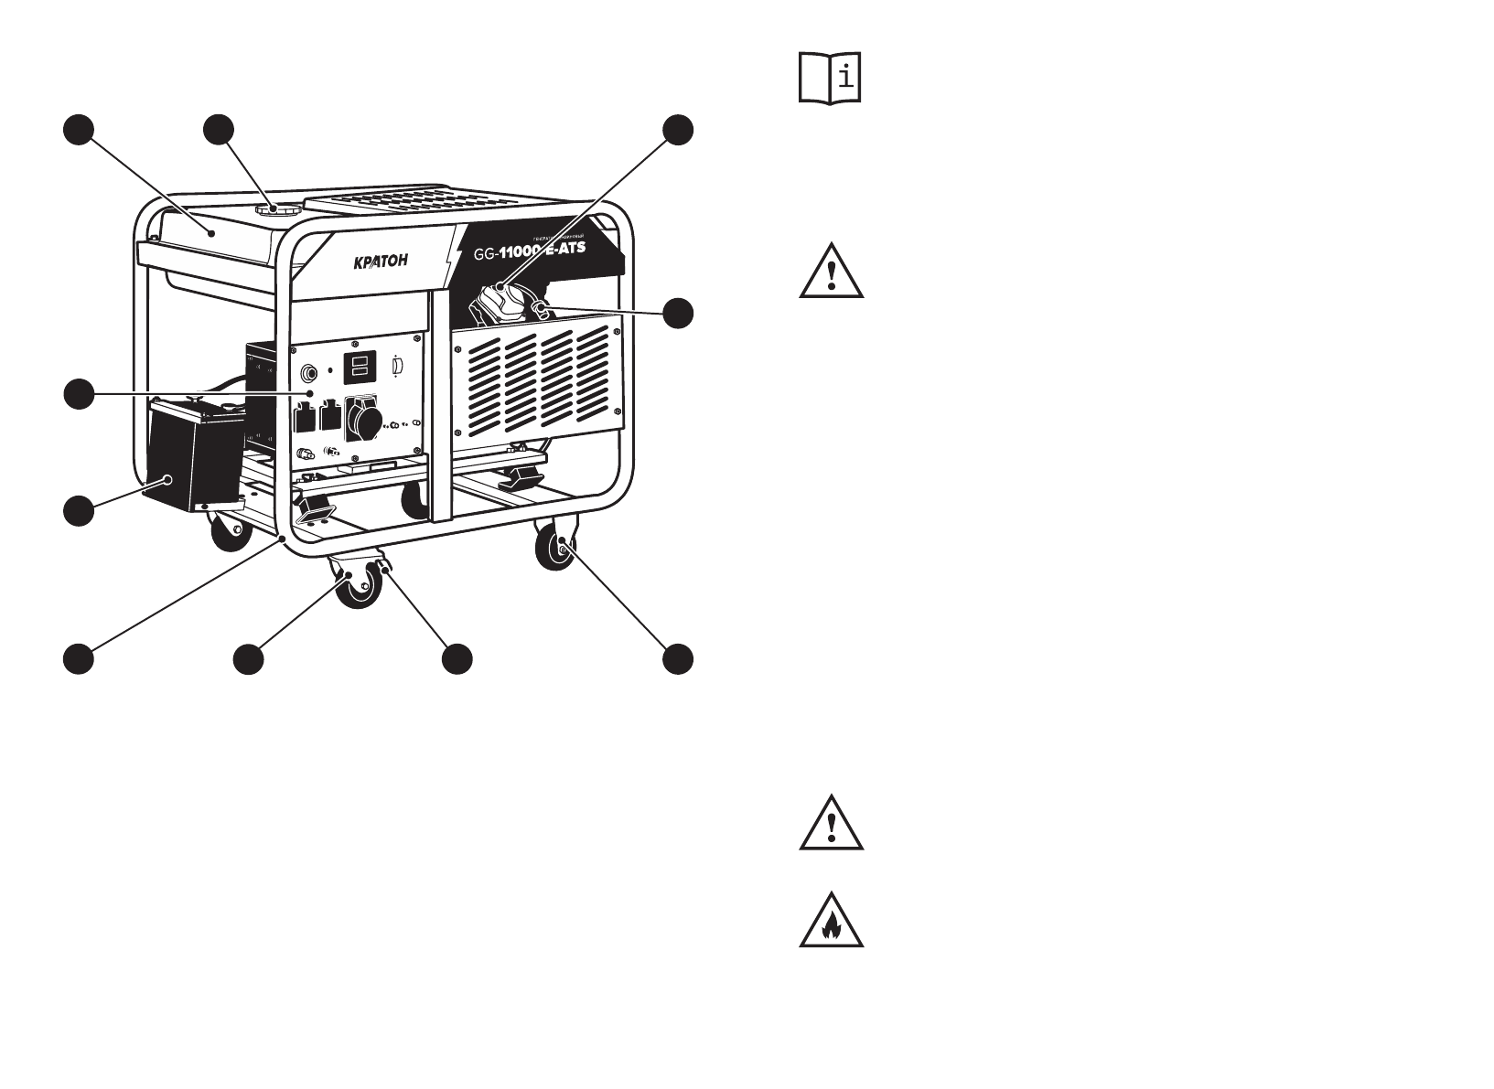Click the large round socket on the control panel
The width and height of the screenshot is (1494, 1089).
(x=363, y=425)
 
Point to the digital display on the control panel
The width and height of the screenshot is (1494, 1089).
(x=358, y=368)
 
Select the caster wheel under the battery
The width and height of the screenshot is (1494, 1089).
(x=230, y=530)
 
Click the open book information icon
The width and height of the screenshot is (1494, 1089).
(x=831, y=78)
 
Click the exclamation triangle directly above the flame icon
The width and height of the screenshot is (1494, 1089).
(x=831, y=823)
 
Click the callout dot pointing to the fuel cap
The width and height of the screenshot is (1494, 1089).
(x=218, y=130)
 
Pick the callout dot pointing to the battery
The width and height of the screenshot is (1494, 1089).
(x=79, y=509)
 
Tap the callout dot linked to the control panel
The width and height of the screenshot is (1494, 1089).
(x=79, y=394)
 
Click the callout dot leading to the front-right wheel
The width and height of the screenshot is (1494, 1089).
(x=677, y=659)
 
